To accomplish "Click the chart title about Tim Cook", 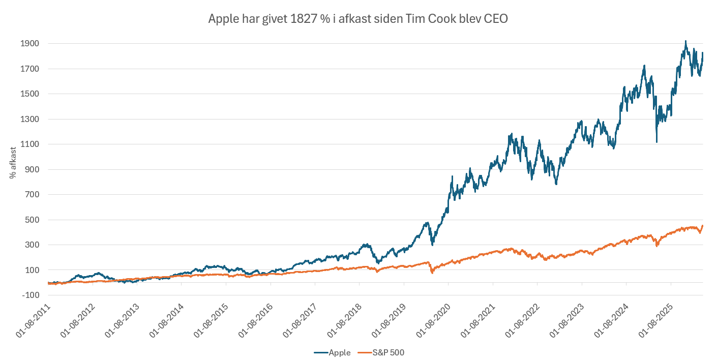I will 358,19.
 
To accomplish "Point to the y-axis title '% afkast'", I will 12,163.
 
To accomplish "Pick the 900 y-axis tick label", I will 32,169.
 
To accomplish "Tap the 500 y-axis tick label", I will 32,220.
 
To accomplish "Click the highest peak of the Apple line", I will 685,41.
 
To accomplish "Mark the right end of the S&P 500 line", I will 703,226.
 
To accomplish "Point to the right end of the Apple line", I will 703,53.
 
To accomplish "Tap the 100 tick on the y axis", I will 32,270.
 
